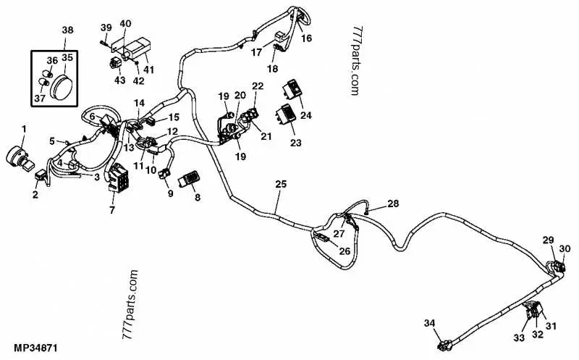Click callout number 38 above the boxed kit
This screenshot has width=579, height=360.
click(67, 30)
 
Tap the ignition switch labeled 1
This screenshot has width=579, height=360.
click(20, 159)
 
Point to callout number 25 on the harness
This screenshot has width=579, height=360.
click(281, 184)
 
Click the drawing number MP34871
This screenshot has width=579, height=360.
click(35, 348)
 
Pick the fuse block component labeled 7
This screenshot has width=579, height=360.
click(118, 178)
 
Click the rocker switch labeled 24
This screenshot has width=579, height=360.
click(293, 88)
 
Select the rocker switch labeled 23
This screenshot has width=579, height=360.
click(286, 114)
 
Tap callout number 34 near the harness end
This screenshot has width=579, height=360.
click(429, 323)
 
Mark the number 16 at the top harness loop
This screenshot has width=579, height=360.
click(306, 38)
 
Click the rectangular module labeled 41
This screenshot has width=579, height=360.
click(138, 49)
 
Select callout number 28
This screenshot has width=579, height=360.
click(393, 204)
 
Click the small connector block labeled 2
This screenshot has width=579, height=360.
click(41, 175)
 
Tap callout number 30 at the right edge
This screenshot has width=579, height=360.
click(565, 248)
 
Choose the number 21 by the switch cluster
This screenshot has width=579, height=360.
click(266, 136)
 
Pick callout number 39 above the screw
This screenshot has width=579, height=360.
click(106, 28)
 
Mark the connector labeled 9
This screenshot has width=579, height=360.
click(164, 173)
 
